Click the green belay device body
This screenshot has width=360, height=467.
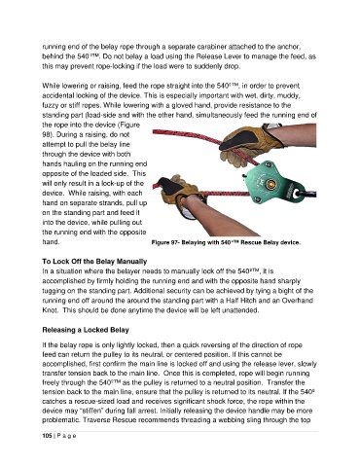click(x=271, y=182)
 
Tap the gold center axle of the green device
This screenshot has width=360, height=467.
click(x=270, y=185)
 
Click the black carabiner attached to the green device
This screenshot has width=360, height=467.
click(x=307, y=195)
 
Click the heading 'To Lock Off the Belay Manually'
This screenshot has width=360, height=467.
click(x=94, y=262)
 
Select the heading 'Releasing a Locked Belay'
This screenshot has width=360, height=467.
click(x=86, y=330)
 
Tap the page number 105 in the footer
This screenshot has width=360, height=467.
click(x=47, y=436)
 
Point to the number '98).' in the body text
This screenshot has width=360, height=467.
click(x=49, y=134)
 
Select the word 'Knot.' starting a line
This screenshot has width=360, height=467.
click(x=51, y=310)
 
